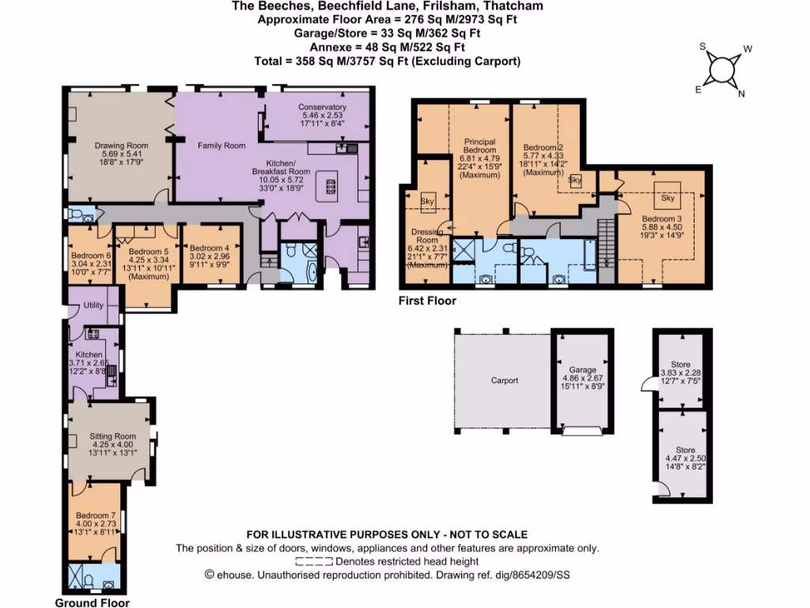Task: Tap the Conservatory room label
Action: [322, 107]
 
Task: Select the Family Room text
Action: [221, 146]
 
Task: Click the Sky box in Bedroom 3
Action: [668, 198]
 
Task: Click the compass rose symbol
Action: [720, 70]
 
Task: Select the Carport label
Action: [504, 381]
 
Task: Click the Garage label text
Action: [582, 369]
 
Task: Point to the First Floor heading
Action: [428, 301]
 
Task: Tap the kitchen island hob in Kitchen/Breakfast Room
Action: [330, 187]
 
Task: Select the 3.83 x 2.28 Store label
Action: [680, 364]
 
